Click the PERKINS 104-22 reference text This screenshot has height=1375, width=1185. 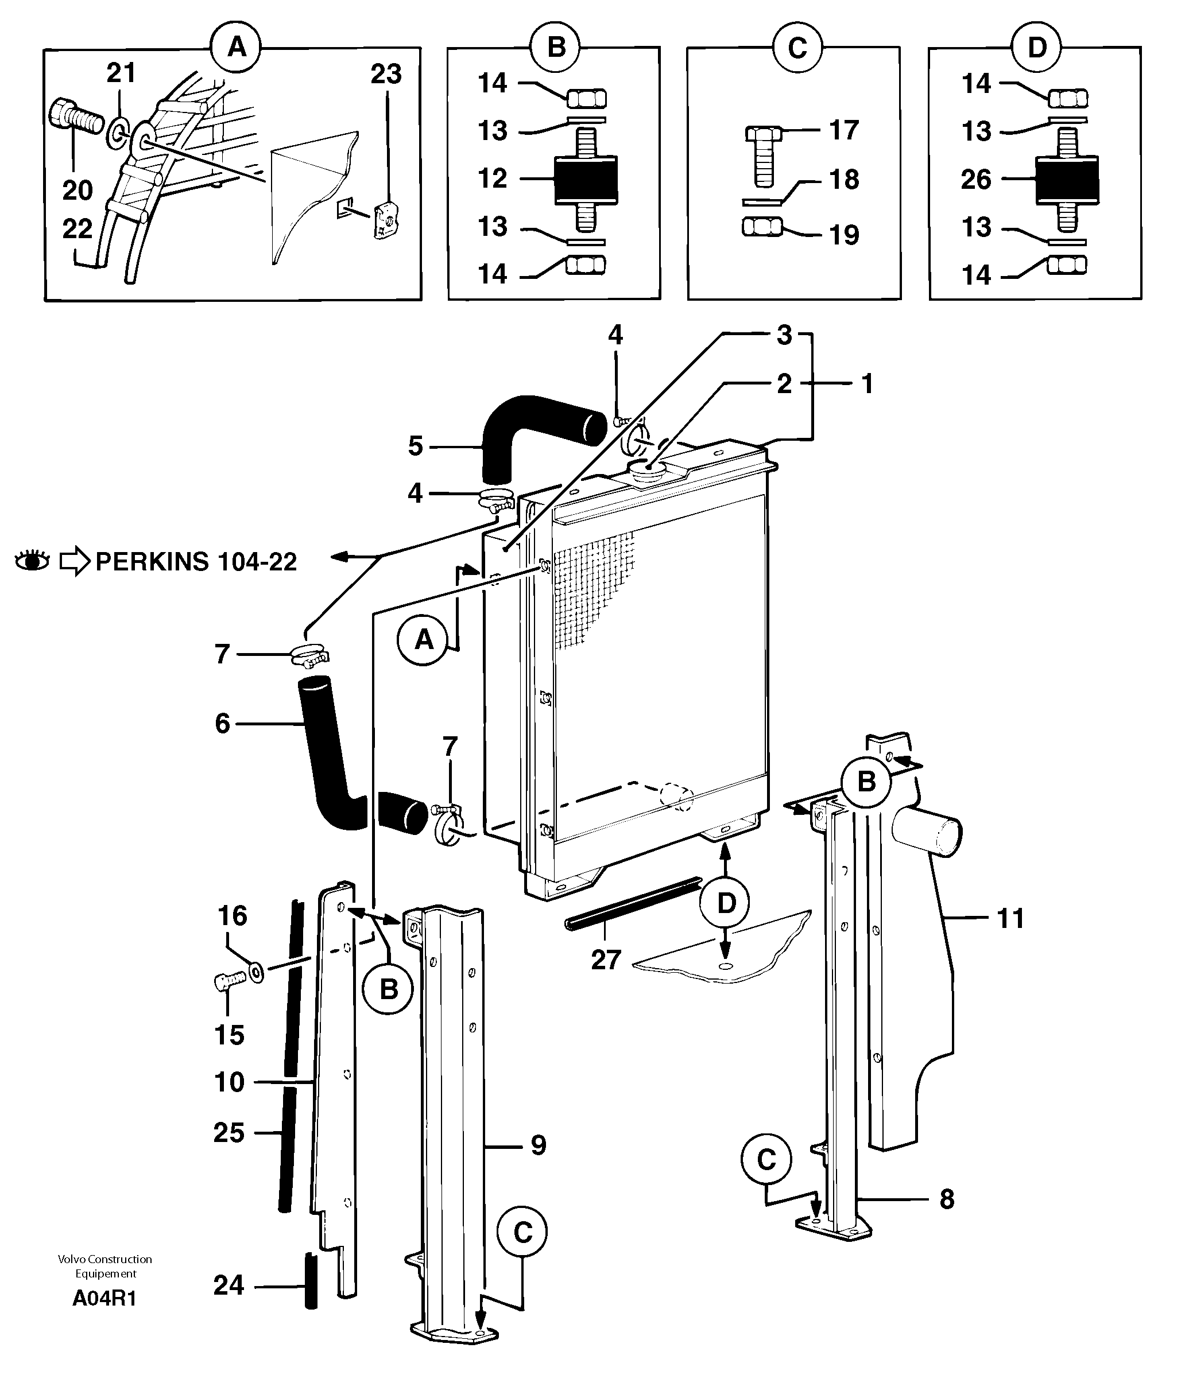[196, 562]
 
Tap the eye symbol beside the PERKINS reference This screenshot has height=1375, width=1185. [32, 561]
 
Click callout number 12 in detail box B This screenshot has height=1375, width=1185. [492, 178]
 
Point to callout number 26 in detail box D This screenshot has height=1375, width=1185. [975, 179]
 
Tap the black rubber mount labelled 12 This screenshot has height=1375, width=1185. [586, 179]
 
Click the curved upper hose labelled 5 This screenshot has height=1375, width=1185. [531, 432]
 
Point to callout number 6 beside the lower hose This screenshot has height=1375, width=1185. [222, 723]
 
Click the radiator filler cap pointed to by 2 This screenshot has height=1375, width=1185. [646, 472]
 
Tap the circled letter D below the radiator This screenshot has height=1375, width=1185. [726, 903]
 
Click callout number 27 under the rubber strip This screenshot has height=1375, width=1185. [606, 960]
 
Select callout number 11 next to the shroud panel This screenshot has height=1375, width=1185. [1010, 918]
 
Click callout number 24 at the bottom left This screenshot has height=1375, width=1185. [229, 1285]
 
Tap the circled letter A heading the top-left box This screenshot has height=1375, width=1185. [237, 47]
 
